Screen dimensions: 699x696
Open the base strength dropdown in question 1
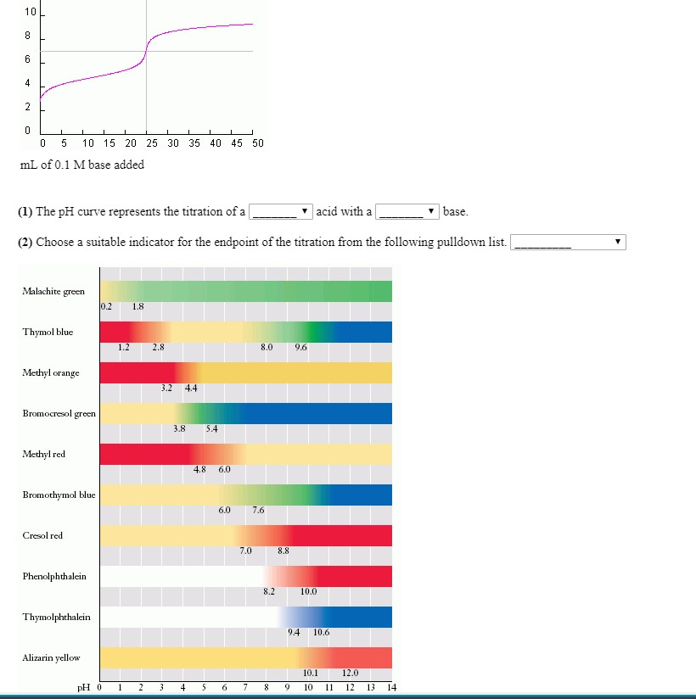[x=407, y=211]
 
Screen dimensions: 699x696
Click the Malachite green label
[x=53, y=291]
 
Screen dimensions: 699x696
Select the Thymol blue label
[x=48, y=332]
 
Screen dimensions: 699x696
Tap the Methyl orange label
[x=51, y=372]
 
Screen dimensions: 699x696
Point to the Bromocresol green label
[x=59, y=413]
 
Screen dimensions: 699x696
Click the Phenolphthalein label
[x=54, y=576]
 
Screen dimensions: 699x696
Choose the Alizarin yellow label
[x=51, y=657]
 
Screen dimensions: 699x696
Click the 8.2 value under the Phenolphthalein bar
[x=268, y=591]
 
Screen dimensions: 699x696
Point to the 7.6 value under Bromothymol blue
[x=258, y=510]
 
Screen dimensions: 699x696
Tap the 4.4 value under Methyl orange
[x=191, y=388]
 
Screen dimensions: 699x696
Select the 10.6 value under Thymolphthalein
[x=321, y=632]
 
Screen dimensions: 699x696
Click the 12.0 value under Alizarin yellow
[x=350, y=673]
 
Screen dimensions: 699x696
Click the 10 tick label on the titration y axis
[x=31, y=13]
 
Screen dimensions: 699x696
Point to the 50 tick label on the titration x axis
[x=258, y=143]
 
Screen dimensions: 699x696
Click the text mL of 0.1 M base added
[x=81, y=165]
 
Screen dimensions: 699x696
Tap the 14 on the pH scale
[x=391, y=686]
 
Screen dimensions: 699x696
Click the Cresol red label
[x=42, y=535]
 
